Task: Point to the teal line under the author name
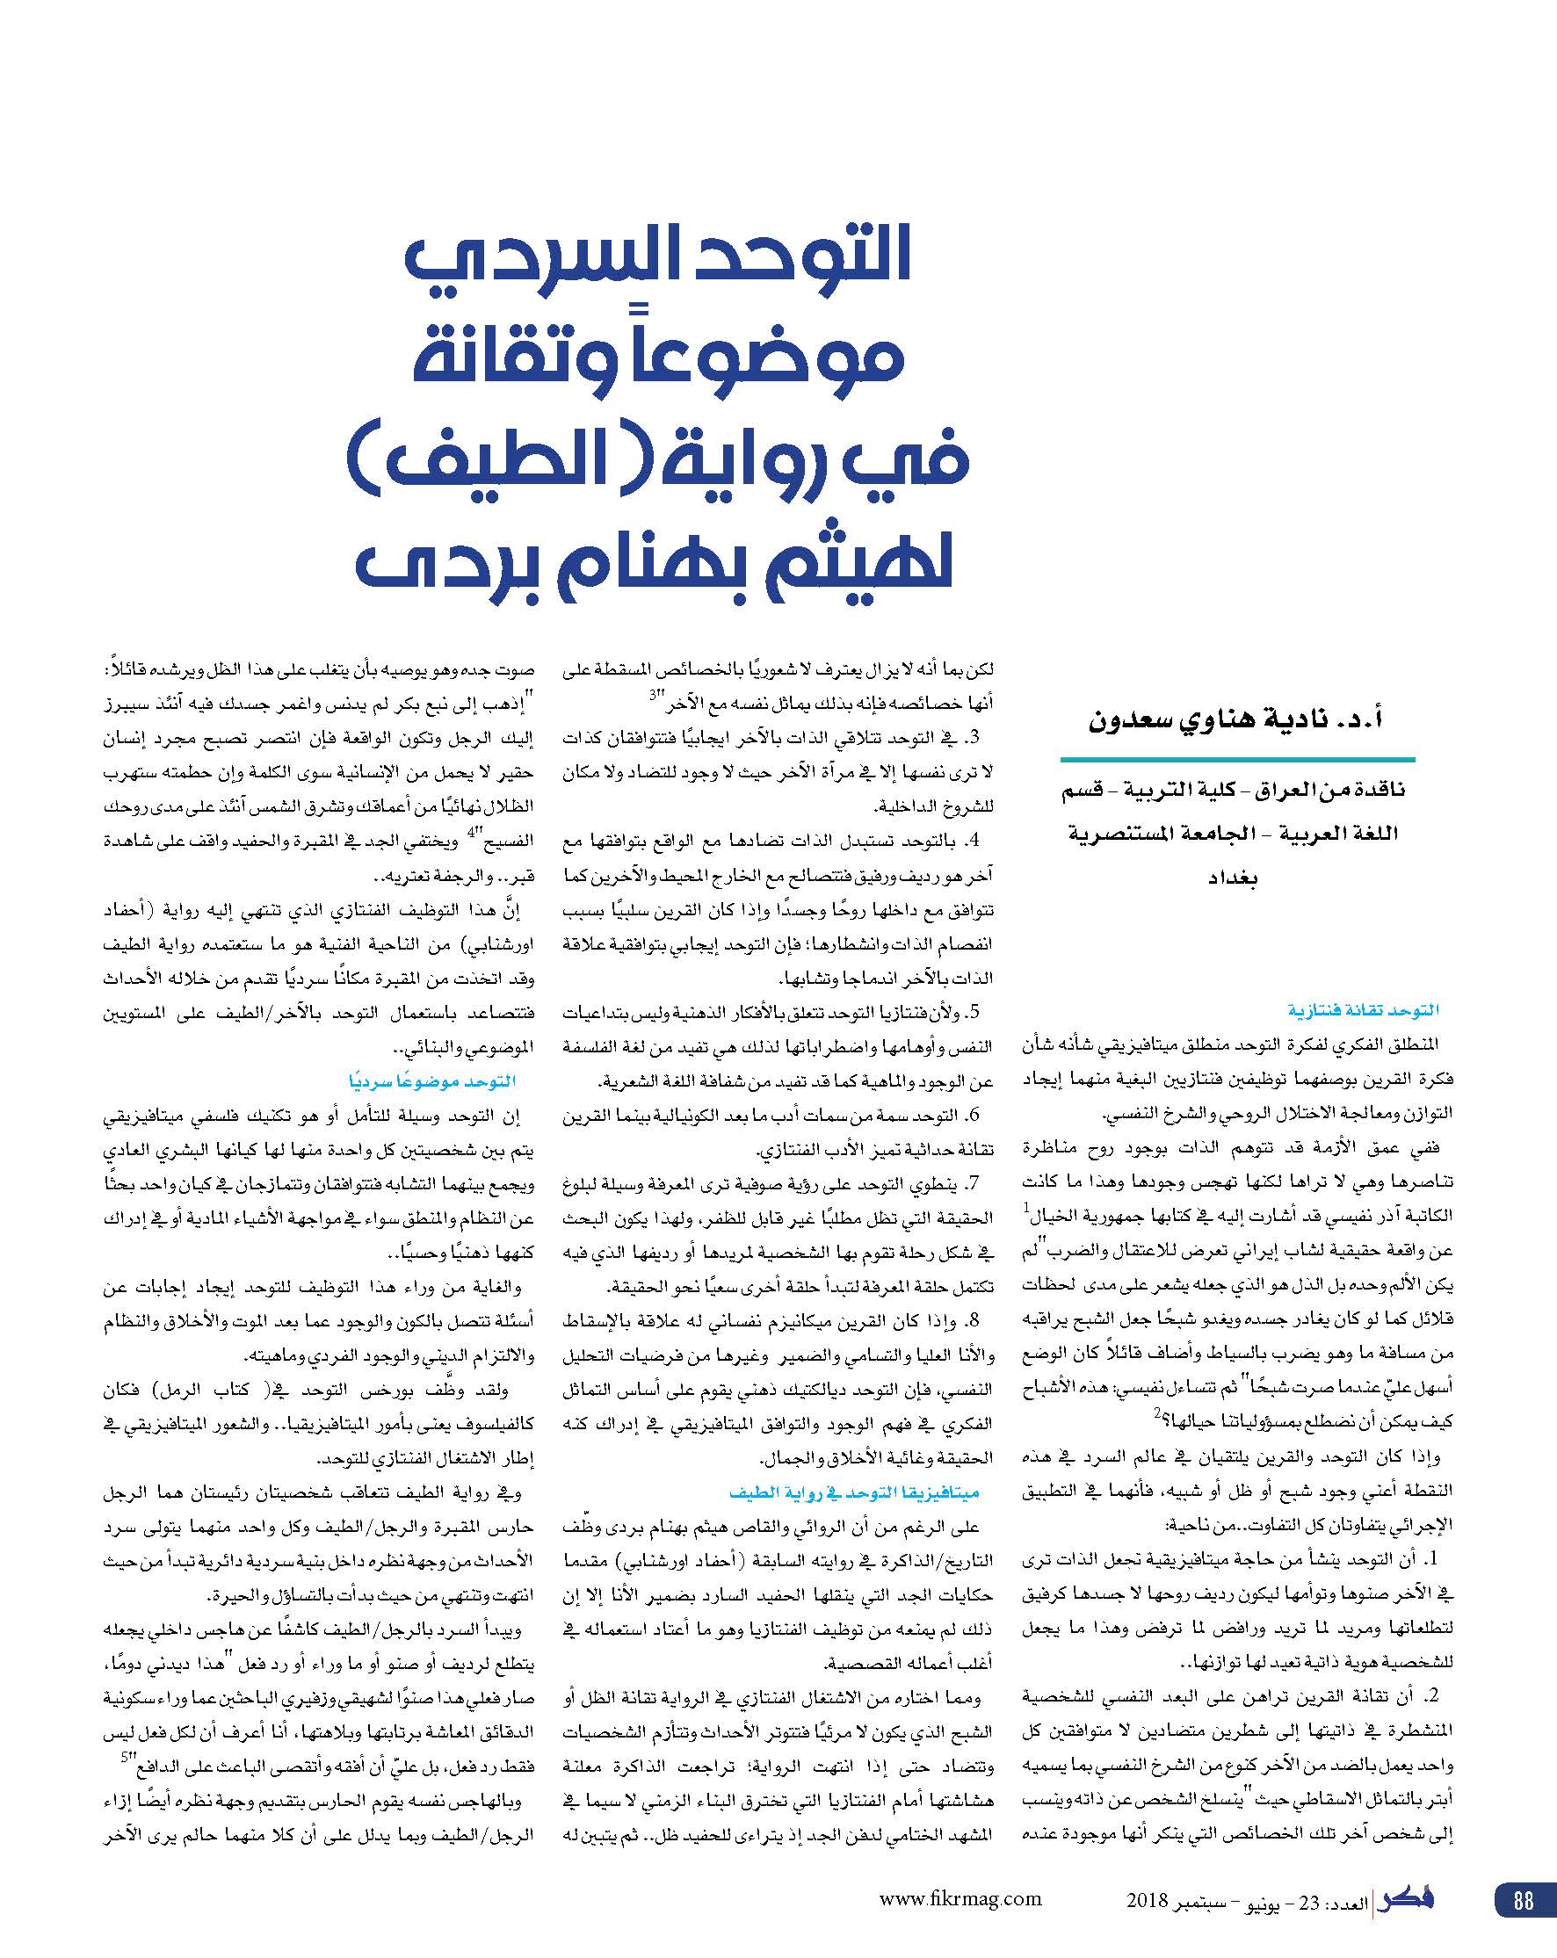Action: [x=1237, y=759]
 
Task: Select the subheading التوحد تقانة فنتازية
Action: [x=1363, y=1010]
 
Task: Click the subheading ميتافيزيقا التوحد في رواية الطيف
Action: [x=854, y=1492]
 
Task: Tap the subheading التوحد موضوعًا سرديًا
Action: [x=432, y=1080]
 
